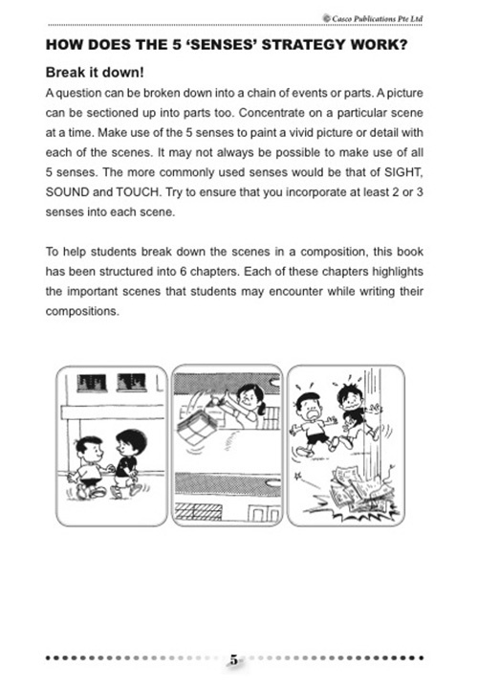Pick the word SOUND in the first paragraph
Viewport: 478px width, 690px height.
point(67,197)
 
